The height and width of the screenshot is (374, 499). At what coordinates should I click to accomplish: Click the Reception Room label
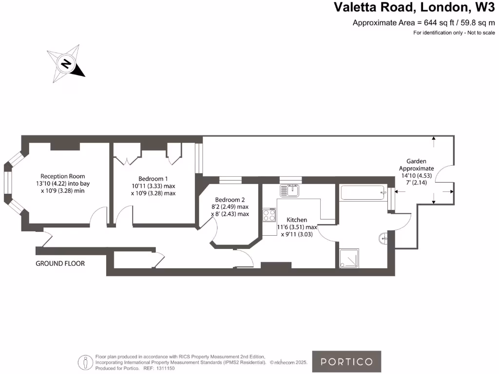pyautogui.click(x=63, y=176)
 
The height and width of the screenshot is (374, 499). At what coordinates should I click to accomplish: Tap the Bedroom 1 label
pyautogui.click(x=153, y=179)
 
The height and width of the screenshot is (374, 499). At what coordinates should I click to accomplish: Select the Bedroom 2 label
pyautogui.click(x=230, y=200)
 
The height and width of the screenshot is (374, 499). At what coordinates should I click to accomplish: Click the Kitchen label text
pyautogui.click(x=297, y=220)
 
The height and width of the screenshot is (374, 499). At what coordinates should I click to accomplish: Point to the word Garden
pyautogui.click(x=416, y=161)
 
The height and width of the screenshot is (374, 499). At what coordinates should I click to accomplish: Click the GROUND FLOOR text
pyautogui.click(x=60, y=263)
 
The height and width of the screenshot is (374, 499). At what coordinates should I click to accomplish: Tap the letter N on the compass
pyautogui.click(x=66, y=64)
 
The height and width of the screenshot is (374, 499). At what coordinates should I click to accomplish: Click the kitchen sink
pyautogui.click(x=289, y=190)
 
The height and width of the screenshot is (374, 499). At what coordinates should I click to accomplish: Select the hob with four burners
pyautogui.click(x=269, y=215)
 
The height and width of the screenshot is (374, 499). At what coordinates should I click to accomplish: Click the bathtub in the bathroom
pyautogui.click(x=363, y=193)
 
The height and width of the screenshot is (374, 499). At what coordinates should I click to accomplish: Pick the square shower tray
pyautogui.click(x=349, y=258)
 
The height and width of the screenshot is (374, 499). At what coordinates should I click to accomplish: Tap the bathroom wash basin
pyautogui.click(x=383, y=238)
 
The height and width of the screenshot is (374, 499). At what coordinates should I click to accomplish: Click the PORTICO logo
pyautogui.click(x=346, y=362)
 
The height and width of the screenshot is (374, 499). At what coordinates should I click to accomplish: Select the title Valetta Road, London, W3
pyautogui.click(x=414, y=7)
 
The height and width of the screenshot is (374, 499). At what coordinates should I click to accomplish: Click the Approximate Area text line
pyautogui.click(x=423, y=22)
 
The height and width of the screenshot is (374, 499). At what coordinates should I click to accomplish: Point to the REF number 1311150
pyautogui.click(x=166, y=368)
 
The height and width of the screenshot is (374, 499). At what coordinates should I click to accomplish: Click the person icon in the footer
pyautogui.click(x=85, y=362)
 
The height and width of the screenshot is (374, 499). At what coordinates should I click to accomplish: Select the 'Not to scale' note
pyautogui.click(x=481, y=33)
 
